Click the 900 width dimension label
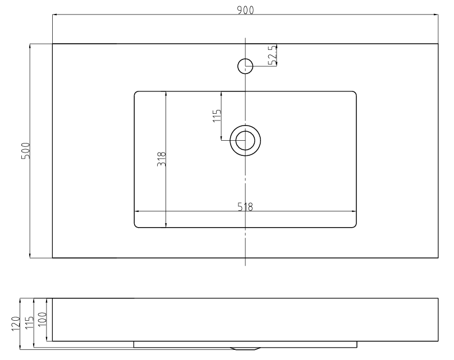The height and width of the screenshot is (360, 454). pos(246,10)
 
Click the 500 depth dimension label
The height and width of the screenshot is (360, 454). pos(25,150)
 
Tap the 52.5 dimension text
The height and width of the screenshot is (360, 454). pos(273,56)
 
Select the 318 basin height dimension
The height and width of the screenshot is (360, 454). pos(161,159)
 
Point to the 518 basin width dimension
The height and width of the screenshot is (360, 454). pos(245,206)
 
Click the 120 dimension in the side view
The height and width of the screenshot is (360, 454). pos(15,324)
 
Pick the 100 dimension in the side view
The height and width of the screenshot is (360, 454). pos(42,319)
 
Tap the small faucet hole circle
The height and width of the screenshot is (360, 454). pos(245,66)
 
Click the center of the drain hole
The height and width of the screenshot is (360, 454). pos(245,140)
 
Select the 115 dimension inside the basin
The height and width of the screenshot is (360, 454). pos(217,116)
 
